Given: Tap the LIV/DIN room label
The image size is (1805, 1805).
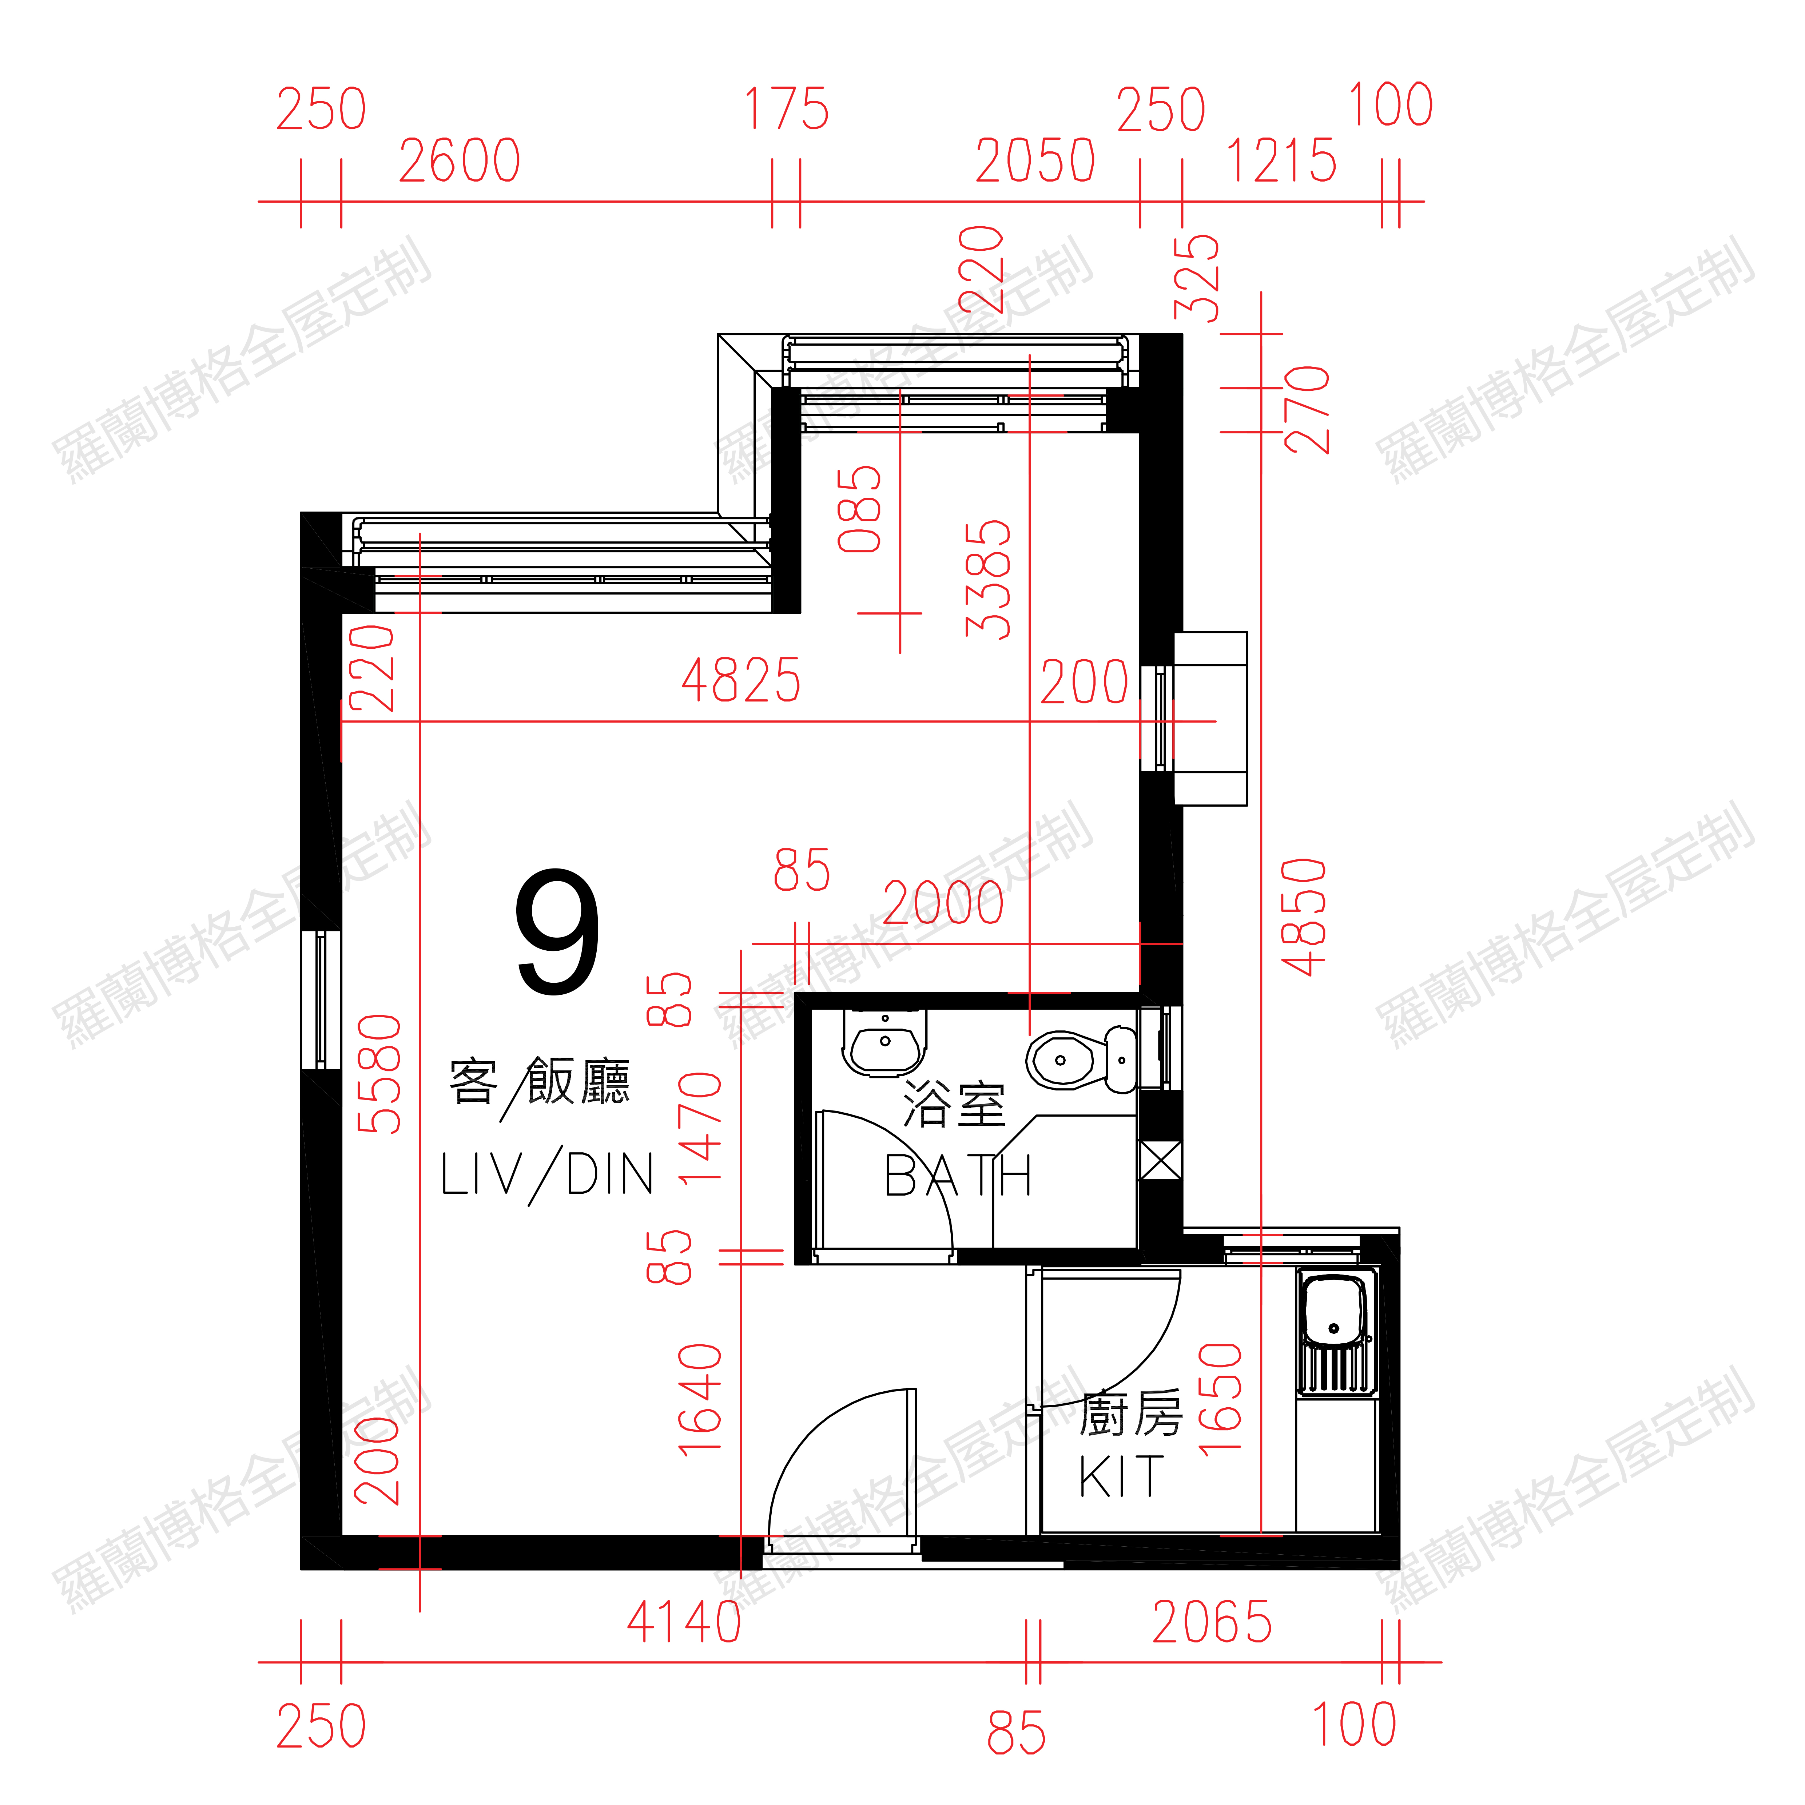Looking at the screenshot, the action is pos(548,1174).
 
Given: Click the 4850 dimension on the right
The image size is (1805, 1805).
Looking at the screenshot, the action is pos(1304,918).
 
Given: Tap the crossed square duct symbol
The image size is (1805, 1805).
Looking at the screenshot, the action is pos(1160,1161).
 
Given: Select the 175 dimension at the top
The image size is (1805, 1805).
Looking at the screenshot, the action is pos(787,109).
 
